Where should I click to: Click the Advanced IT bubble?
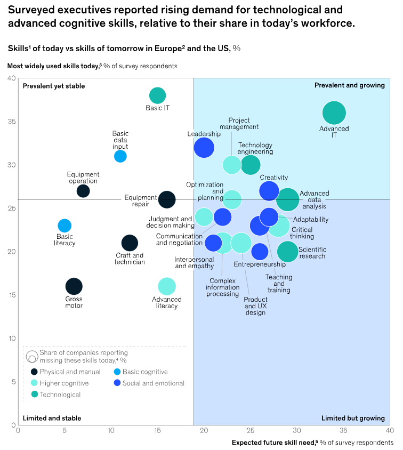[334, 113]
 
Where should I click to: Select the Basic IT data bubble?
[157, 96]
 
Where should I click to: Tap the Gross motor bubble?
[74, 286]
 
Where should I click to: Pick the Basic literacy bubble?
[65, 226]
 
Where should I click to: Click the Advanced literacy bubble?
[167, 286]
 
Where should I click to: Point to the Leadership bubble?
[204, 148]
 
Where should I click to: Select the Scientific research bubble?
[288, 252]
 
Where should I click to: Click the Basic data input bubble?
[120, 156]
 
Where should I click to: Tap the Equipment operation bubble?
[83, 191]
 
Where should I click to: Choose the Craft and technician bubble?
[130, 243]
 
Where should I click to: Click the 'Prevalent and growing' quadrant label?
[349, 85]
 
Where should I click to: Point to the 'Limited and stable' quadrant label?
[52, 418]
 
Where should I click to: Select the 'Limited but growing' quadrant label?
[352, 418]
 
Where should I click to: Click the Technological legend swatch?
[34, 395]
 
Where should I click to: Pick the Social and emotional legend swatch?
[117, 383]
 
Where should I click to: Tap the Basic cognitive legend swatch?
[117, 372]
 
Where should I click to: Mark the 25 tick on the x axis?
[250, 430]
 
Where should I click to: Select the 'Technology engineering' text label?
[255, 148]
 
